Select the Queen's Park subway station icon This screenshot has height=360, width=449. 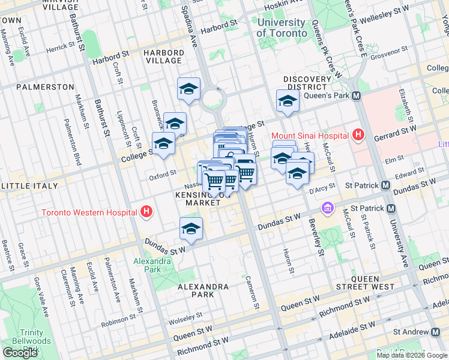pos(356,95)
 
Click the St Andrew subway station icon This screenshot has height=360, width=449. pos(435,332)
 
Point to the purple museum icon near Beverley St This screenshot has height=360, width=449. pos(328,209)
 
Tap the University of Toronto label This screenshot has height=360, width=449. pos(282,28)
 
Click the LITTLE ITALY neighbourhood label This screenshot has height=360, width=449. pos(29,187)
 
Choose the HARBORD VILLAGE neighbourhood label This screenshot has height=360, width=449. pos(163,56)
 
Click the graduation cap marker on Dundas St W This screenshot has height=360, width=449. pos(191,229)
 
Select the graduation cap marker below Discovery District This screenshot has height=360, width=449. pos(288,101)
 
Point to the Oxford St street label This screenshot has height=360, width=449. pos(163,174)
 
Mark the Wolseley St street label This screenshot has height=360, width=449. pos(187,319)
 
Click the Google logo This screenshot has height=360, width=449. pos(20,353)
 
